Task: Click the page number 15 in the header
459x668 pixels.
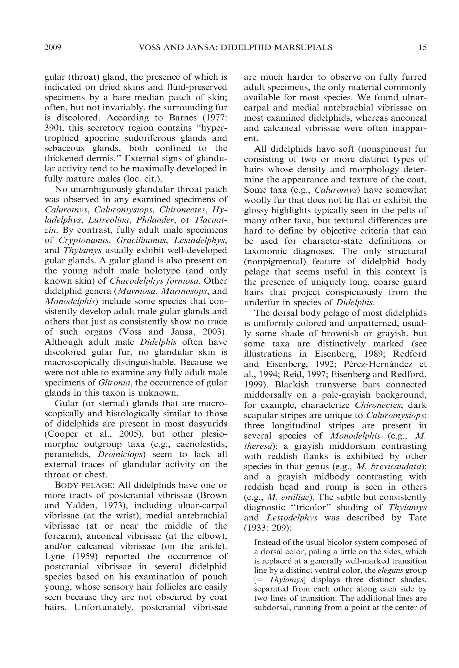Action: pos(422,48)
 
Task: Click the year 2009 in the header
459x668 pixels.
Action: pos(53,48)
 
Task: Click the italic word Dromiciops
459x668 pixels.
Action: pos(120,455)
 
